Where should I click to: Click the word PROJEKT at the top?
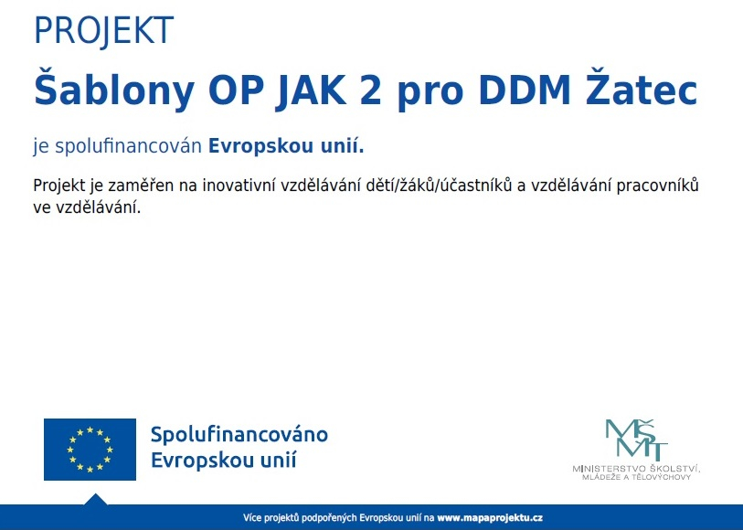pos(102,31)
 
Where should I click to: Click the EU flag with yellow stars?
pos(90,450)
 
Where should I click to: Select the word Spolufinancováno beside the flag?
pos(239,434)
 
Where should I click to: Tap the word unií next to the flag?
pos(278,459)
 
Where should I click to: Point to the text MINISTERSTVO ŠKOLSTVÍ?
pos(636,469)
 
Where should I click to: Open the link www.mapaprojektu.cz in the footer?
pos(490,517)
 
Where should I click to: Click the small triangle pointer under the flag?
pos(95,499)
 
